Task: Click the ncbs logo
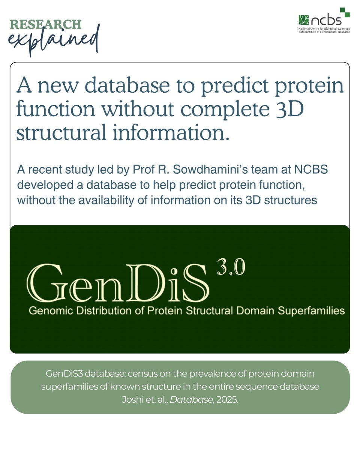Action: tap(324, 18)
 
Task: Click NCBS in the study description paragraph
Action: tap(310, 170)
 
